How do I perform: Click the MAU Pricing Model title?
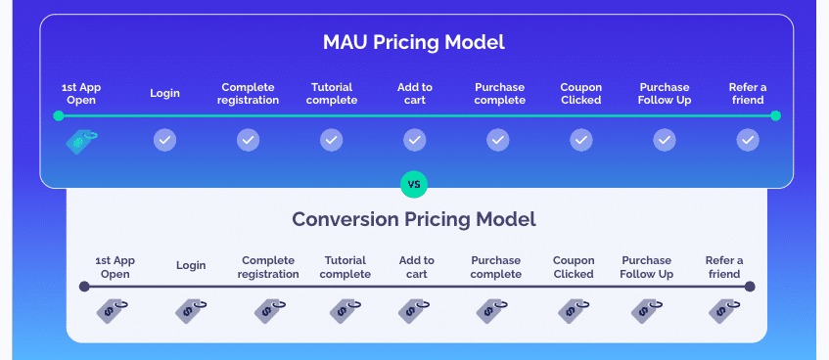click(x=414, y=43)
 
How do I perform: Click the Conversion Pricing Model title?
click(x=414, y=219)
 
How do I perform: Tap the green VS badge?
click(x=414, y=183)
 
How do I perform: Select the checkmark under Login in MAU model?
click(x=165, y=141)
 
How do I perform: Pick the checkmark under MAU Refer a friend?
click(x=748, y=141)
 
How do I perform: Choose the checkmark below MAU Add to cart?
click(x=415, y=141)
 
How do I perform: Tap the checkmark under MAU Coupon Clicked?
click(x=581, y=141)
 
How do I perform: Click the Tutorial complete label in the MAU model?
click(x=332, y=94)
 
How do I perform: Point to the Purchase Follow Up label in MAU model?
click(x=664, y=94)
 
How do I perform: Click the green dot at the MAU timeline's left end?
click(x=59, y=116)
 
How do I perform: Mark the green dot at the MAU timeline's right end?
click(x=775, y=116)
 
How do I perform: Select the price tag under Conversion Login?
click(x=191, y=311)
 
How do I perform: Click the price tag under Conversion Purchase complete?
click(x=491, y=311)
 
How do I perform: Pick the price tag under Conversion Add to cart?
click(x=414, y=311)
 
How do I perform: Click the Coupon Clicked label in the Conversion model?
click(x=574, y=267)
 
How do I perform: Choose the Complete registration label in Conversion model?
click(x=269, y=267)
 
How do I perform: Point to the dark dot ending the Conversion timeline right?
click(x=750, y=287)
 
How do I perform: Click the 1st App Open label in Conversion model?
click(x=115, y=267)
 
